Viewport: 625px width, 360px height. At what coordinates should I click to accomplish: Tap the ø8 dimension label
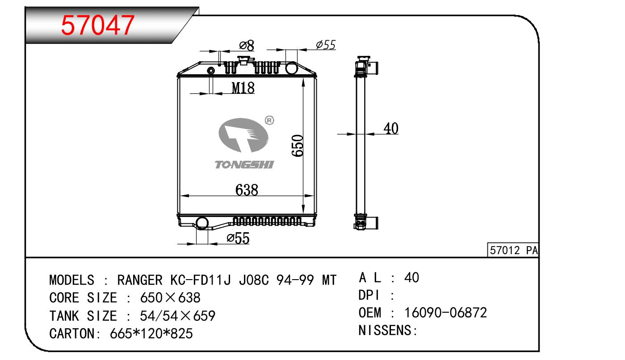246,45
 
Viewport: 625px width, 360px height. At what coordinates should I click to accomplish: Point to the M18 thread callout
243,88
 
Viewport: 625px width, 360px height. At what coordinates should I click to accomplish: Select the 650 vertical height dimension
298,146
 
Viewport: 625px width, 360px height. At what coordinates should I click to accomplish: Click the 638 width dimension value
247,190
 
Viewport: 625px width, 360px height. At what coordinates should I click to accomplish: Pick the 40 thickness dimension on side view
391,129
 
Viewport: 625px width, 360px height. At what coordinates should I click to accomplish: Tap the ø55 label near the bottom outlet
238,239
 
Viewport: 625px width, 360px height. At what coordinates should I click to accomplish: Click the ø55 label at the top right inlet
325,44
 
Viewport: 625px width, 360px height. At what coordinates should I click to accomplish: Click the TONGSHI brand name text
244,165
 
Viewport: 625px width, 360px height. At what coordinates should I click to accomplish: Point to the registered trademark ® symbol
269,120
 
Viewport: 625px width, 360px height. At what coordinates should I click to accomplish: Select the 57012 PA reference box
513,251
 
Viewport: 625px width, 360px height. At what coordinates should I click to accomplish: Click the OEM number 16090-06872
445,313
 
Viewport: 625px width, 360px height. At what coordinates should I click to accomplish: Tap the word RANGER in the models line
140,280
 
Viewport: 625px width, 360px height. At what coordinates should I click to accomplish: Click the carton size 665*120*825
151,333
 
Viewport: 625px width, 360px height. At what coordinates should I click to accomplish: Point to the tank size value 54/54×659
177,316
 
